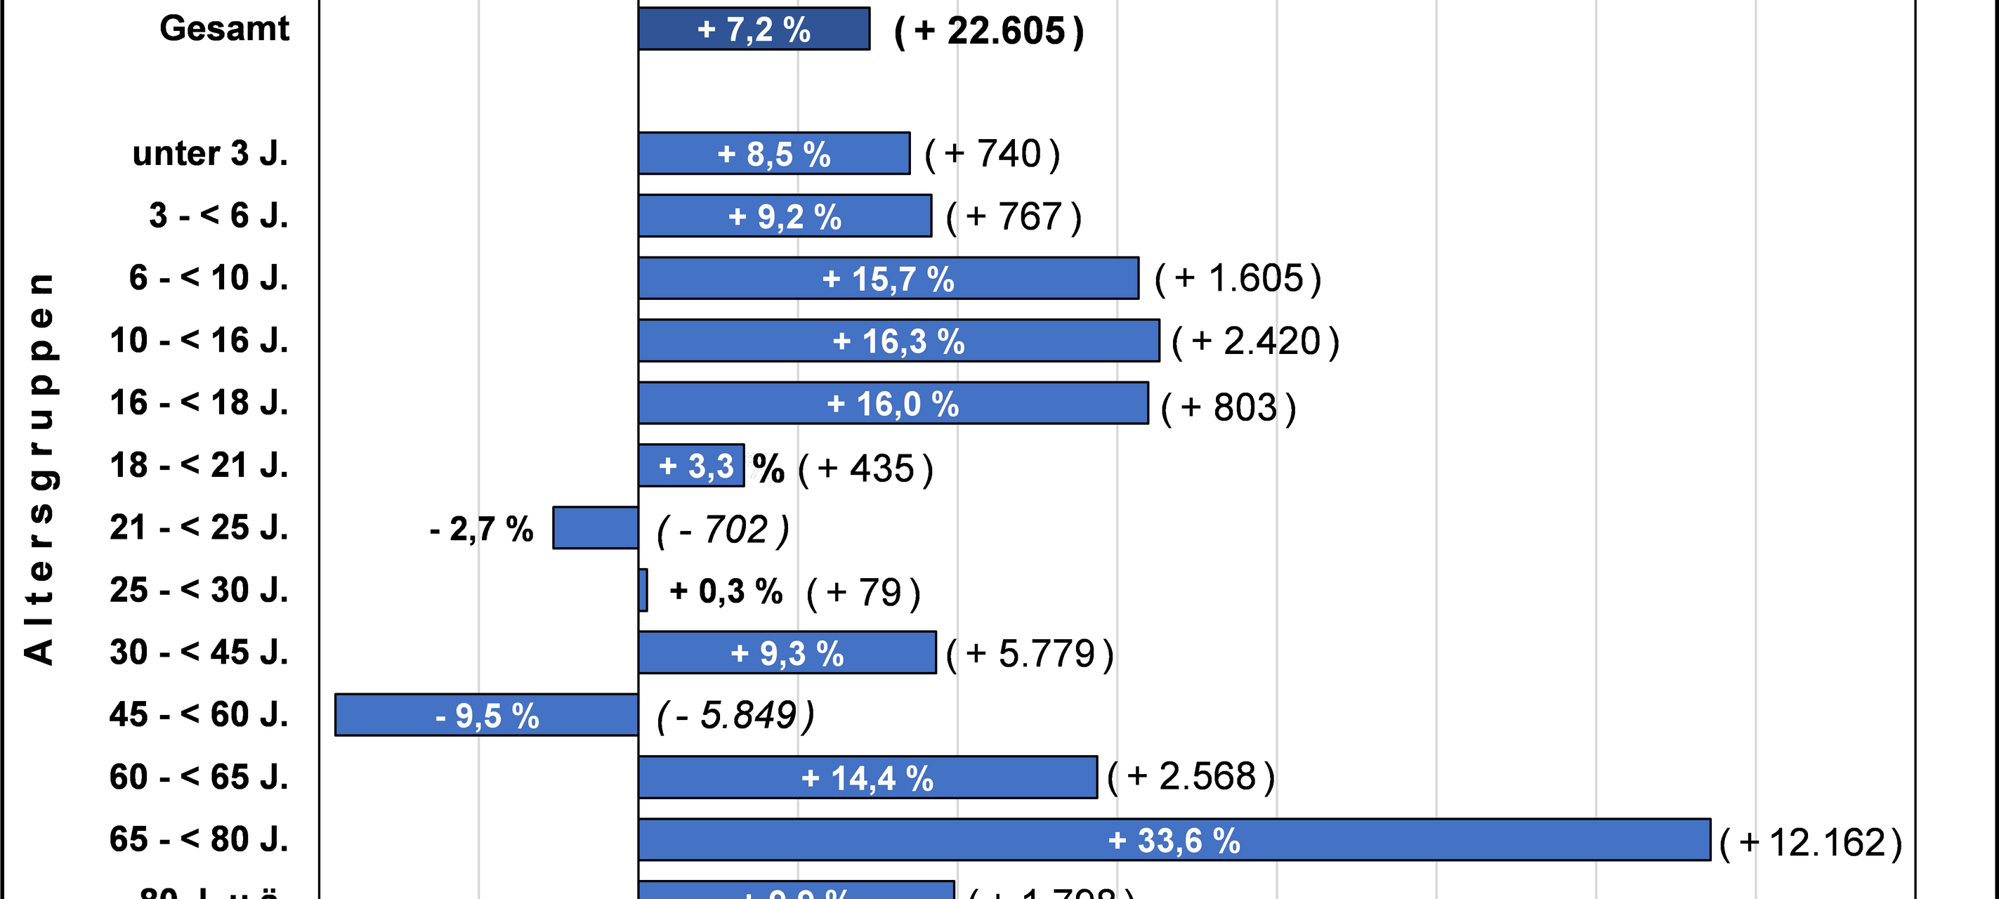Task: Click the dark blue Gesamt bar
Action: [754, 29]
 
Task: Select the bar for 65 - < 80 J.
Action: [1174, 839]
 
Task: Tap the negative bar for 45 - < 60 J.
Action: [487, 714]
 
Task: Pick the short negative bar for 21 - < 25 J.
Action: [595, 527]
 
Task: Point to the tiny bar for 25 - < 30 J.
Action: [643, 590]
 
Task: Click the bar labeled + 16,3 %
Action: [898, 341]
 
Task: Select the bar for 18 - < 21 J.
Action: [690, 466]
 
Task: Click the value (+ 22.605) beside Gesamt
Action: [989, 32]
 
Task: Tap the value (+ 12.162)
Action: [1811, 843]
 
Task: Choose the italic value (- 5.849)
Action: [735, 715]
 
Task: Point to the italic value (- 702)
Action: [723, 530]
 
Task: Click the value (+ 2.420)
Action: [1254, 341]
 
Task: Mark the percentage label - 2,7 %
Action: [481, 529]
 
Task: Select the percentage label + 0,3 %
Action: [726, 591]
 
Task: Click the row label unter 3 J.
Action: [209, 154]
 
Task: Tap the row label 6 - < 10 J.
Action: [208, 277]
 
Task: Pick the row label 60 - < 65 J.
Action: [199, 777]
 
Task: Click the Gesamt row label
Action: [223, 29]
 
